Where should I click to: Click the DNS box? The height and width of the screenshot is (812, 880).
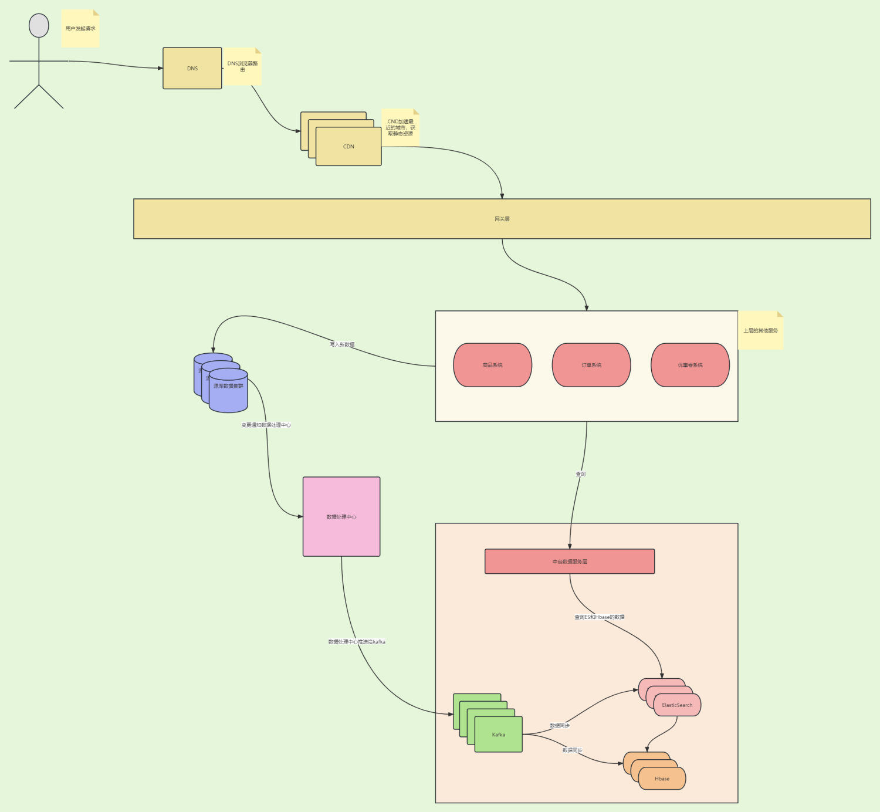192,68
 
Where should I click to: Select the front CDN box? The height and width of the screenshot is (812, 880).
348,147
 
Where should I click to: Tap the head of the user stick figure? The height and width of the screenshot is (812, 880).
39,26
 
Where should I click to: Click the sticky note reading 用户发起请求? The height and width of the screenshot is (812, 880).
80,28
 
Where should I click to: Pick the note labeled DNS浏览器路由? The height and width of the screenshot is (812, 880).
242,66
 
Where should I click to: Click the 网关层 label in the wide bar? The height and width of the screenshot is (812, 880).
502,219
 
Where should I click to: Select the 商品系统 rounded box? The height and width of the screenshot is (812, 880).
492,365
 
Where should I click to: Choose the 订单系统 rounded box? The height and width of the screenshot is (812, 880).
591,365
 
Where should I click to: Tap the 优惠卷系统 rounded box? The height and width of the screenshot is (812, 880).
690,365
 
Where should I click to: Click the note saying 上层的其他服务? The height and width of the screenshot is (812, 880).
760,330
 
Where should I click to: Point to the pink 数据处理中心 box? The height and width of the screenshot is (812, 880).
341,517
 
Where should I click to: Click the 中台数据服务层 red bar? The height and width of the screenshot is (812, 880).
570,561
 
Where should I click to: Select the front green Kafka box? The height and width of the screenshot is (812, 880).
499,735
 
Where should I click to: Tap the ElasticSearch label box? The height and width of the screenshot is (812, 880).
677,705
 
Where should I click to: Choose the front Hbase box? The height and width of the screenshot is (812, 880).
662,779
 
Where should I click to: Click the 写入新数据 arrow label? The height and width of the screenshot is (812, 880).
342,344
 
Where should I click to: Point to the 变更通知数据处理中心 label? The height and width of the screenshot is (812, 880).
266,425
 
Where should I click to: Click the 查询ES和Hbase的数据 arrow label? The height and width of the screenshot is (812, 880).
599,617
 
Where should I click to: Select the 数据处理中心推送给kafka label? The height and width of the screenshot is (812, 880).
357,642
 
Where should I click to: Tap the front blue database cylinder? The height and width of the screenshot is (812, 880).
228,391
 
